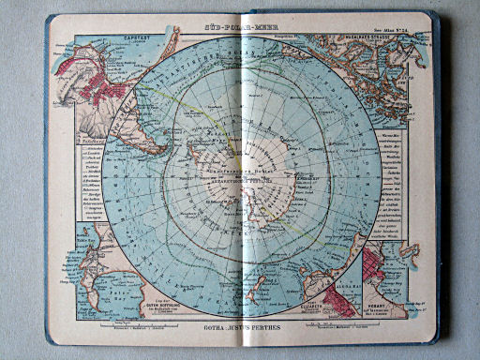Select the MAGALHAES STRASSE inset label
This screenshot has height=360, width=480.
380,39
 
